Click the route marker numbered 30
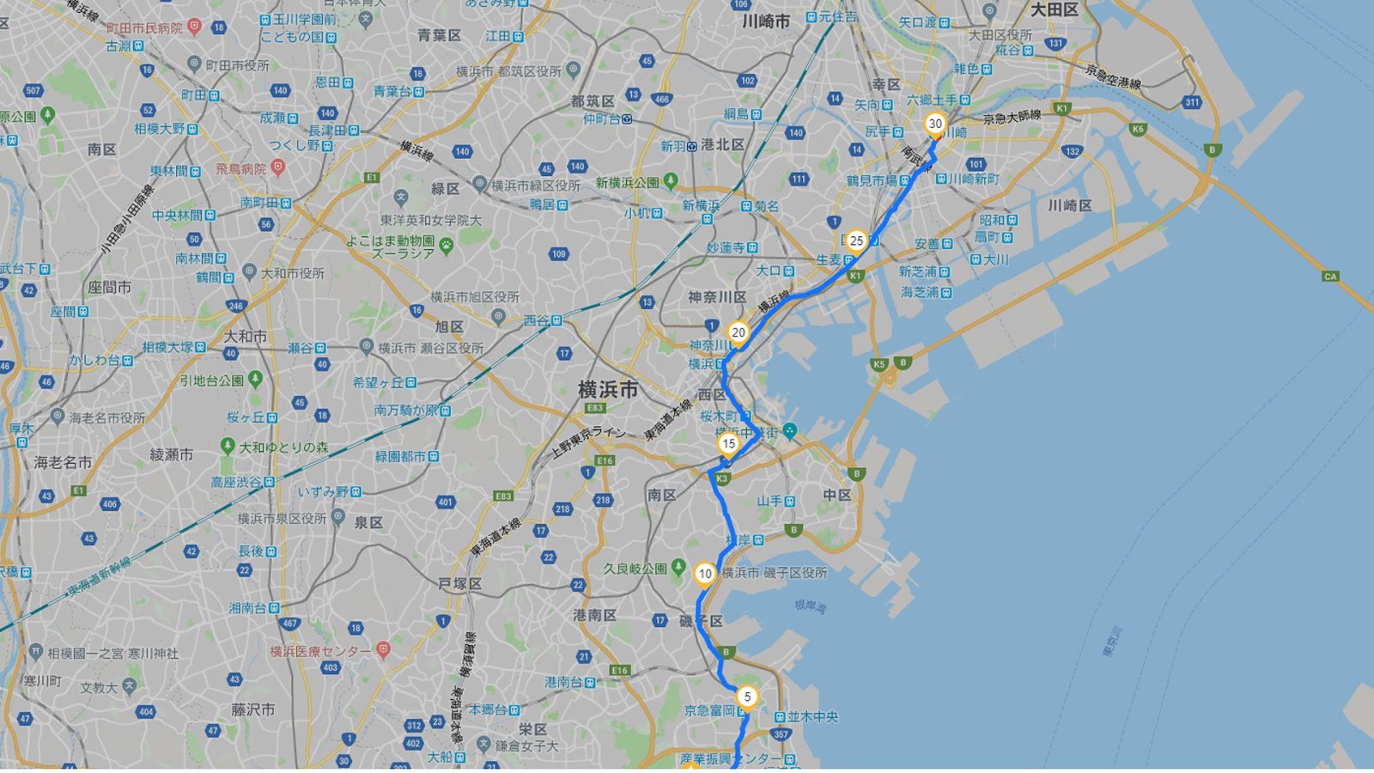click(x=935, y=125)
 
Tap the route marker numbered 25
click(x=856, y=241)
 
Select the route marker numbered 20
click(x=738, y=333)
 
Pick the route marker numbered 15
click(x=728, y=444)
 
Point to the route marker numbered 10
click(x=705, y=574)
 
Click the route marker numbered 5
click(x=747, y=697)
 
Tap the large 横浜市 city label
click(x=608, y=389)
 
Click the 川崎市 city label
click(x=765, y=21)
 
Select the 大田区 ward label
click(x=1054, y=10)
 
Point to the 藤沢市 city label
click(x=252, y=709)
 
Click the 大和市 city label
click(x=245, y=336)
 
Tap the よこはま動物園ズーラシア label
click(x=390, y=247)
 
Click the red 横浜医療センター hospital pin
click(x=384, y=649)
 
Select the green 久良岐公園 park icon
click(x=678, y=568)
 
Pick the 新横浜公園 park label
click(x=627, y=183)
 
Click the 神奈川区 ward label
click(x=717, y=297)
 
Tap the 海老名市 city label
click(x=63, y=462)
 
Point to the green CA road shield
click(x=1330, y=277)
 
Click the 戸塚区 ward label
click(x=460, y=584)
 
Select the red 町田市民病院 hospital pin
click(x=195, y=27)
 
